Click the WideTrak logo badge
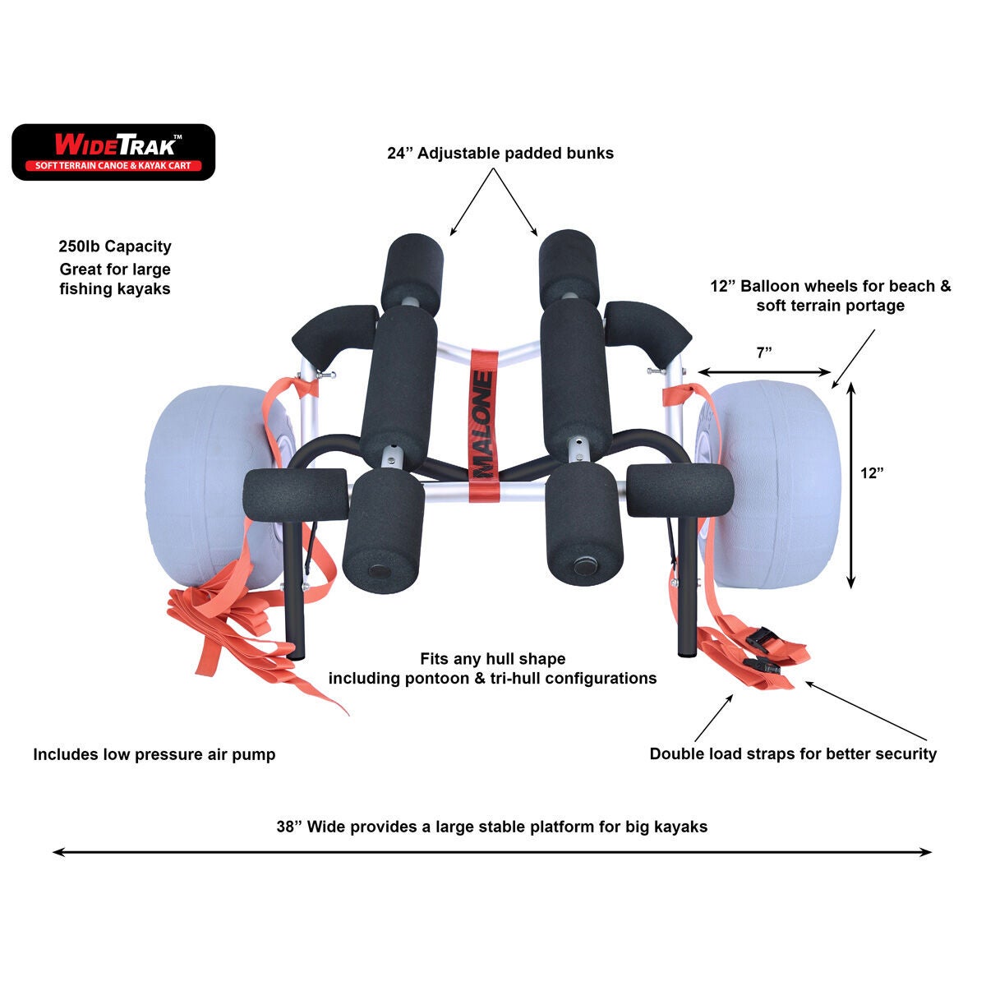pos(113,152)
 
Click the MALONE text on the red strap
pos(483,423)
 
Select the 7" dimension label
pos(765,352)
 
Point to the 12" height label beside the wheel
pos(872,473)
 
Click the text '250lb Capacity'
pos(115,246)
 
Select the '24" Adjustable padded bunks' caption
pos(500,153)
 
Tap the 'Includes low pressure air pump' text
pos(154,754)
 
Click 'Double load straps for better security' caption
pos(793,753)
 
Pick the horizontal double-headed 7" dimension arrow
pos(765,371)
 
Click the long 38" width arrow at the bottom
pos(493,852)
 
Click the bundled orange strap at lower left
pos(222,624)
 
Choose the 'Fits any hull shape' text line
pos(492,658)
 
